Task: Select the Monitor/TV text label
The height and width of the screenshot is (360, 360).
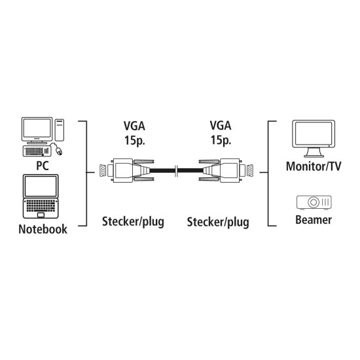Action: point(314,166)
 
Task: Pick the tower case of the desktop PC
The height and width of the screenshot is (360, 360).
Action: point(59,130)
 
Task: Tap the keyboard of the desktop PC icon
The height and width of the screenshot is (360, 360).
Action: point(40,151)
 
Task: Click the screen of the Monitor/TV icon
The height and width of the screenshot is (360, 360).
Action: point(314,135)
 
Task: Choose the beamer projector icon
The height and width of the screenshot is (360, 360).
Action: point(314,203)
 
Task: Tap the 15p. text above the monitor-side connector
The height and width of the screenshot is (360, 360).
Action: point(219,139)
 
